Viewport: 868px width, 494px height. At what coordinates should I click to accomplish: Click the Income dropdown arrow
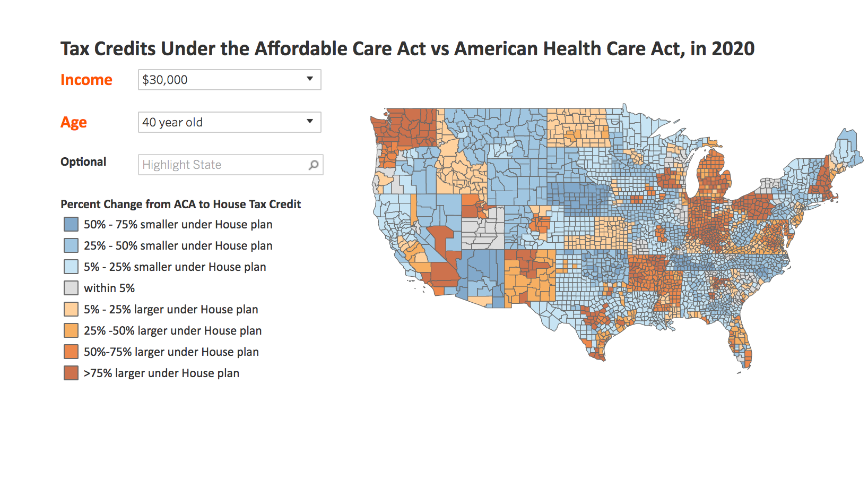[x=310, y=79]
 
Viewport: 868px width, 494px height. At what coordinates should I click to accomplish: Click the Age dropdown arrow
[x=310, y=122]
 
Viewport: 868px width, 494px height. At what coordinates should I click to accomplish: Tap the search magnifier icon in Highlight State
[x=314, y=165]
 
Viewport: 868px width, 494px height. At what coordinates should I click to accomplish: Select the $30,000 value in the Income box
[x=165, y=80]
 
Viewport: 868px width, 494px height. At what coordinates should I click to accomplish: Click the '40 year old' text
[x=172, y=122]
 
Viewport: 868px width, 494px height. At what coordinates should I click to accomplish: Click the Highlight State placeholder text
[x=181, y=165]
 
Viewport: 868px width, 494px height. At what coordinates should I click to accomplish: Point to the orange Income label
[x=86, y=80]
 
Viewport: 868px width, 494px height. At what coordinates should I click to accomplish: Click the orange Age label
[x=74, y=122]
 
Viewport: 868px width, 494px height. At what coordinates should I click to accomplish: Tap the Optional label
[x=83, y=161]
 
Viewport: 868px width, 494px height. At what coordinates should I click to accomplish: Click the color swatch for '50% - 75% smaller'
[x=71, y=224]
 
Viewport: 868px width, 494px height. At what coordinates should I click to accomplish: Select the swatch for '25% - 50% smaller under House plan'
[x=71, y=245]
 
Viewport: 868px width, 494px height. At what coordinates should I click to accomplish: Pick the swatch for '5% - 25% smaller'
[x=71, y=267]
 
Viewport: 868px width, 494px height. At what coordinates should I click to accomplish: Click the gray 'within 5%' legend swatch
[x=71, y=288]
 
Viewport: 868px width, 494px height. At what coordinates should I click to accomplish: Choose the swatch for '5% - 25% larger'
[x=71, y=309]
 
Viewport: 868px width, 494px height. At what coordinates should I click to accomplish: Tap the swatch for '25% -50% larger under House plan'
[x=71, y=330]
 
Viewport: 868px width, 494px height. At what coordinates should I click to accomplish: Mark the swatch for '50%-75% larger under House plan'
[x=71, y=352]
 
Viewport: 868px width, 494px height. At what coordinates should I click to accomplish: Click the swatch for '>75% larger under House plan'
[x=71, y=373]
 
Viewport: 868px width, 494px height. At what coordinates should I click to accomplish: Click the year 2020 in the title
[x=733, y=49]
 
